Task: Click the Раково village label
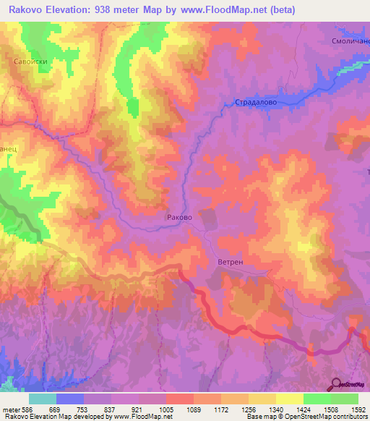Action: (178, 216)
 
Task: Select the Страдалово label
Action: (256, 103)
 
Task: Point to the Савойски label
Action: (31, 62)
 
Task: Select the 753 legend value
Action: (83, 409)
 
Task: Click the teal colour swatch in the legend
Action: (42, 399)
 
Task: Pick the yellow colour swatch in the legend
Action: (289, 399)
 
